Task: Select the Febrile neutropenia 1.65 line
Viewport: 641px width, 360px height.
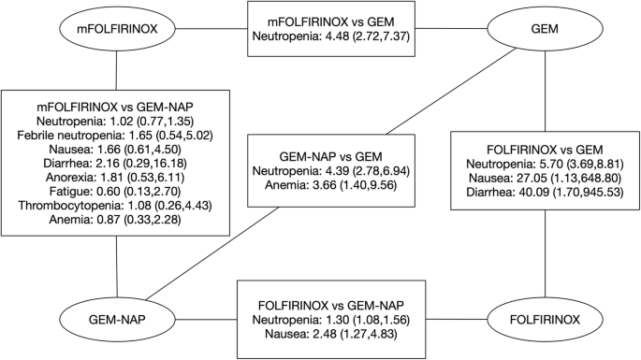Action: pyautogui.click(x=117, y=136)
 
